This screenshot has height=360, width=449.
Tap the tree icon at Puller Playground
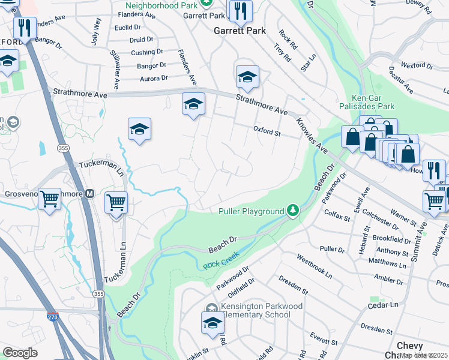292,210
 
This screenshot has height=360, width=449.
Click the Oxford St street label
267,130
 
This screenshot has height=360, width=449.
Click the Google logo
20,353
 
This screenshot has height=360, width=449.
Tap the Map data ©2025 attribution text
423,355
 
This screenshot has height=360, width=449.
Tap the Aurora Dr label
154,79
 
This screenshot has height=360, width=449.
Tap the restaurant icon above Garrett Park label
240,11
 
